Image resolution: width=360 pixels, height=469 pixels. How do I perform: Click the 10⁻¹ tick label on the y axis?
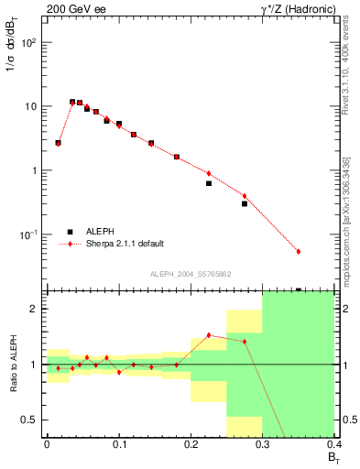click(x=31, y=235)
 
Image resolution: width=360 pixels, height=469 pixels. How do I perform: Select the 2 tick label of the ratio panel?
click(x=37, y=309)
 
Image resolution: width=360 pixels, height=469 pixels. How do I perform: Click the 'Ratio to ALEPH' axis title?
click(x=14, y=365)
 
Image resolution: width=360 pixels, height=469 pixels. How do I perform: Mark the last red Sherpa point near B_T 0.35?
click(x=299, y=251)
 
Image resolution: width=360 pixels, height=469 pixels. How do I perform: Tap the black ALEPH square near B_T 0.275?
click(x=245, y=203)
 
